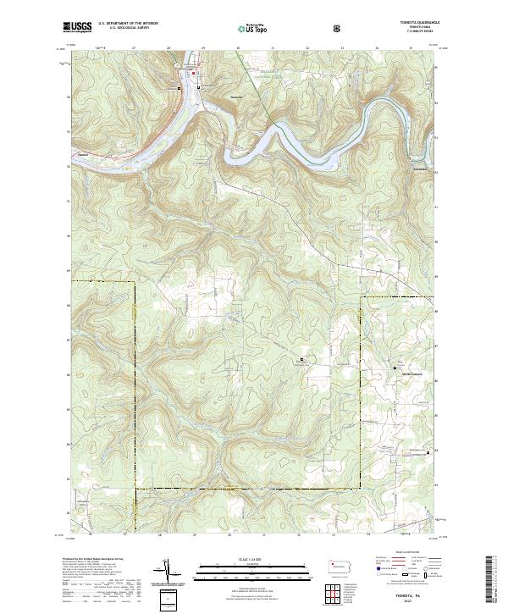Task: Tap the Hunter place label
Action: [x=83, y=154]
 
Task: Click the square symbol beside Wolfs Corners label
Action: [x=395, y=367]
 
